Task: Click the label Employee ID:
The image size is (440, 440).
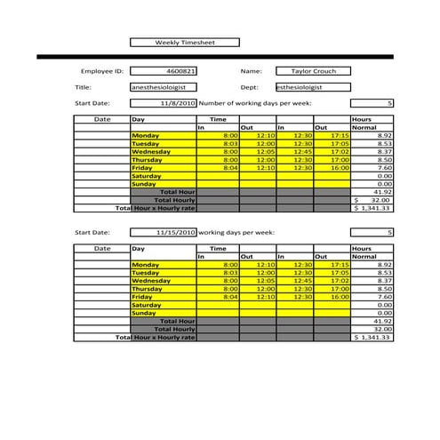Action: click(x=101, y=71)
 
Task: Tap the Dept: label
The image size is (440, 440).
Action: click(x=249, y=87)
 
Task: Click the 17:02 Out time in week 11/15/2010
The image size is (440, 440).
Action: click(x=339, y=281)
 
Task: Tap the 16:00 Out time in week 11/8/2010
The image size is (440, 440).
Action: click(x=339, y=167)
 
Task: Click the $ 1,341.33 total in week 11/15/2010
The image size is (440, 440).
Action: click(x=372, y=337)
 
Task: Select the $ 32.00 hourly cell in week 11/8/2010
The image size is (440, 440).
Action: click(x=373, y=200)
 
